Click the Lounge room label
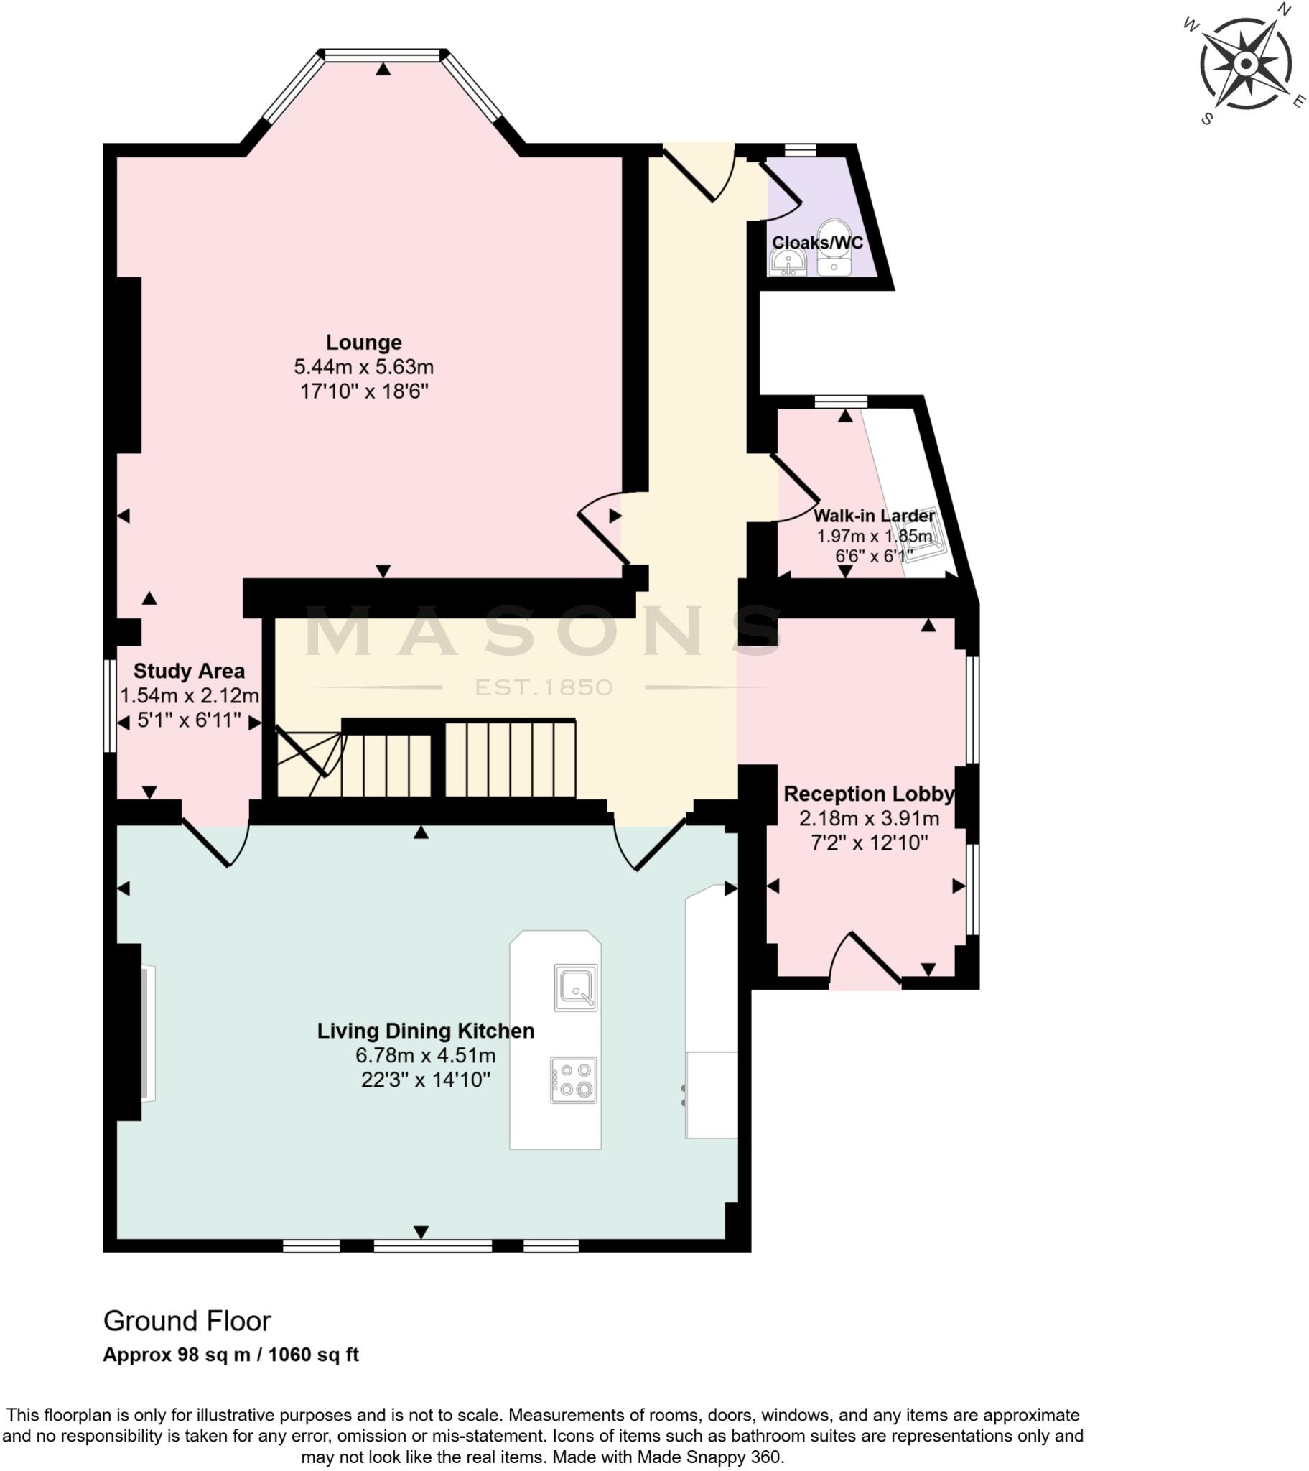tap(363, 343)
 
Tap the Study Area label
tap(189, 672)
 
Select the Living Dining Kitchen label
tap(425, 1031)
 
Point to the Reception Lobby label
tap(869, 794)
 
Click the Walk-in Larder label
tap(874, 516)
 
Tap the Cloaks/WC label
tap(816, 243)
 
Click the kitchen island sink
tap(576, 988)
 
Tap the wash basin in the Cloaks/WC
tap(788, 264)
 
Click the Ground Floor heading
tap(187, 1322)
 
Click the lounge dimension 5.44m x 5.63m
tap(363, 367)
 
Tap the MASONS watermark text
tap(544, 632)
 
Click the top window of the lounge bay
tap(382, 55)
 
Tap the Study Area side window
tap(110, 706)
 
